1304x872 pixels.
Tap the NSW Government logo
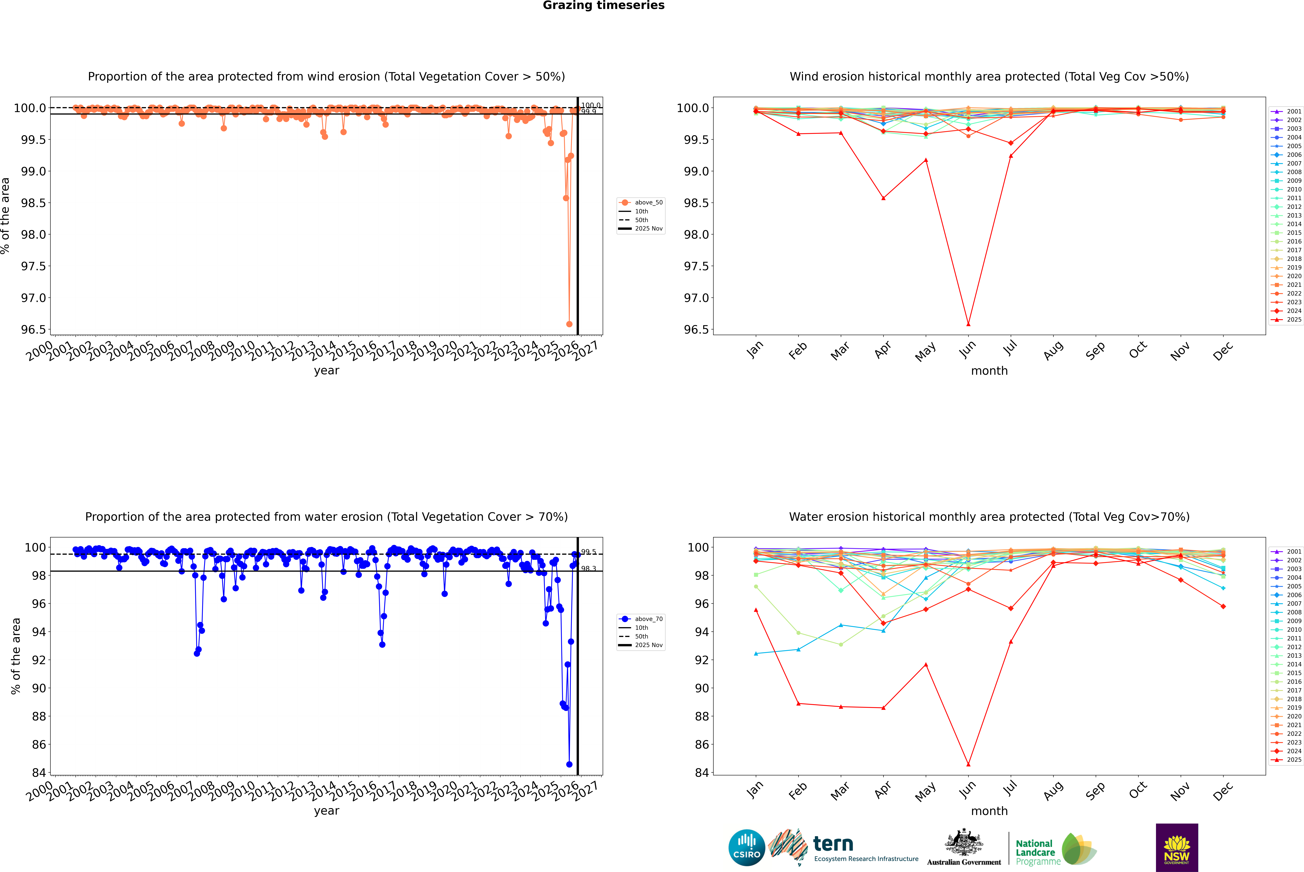[x=1177, y=848]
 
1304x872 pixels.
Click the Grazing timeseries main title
[x=604, y=6]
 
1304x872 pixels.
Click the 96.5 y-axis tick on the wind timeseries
[x=33, y=330]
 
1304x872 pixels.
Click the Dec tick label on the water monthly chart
[x=1223, y=791]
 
